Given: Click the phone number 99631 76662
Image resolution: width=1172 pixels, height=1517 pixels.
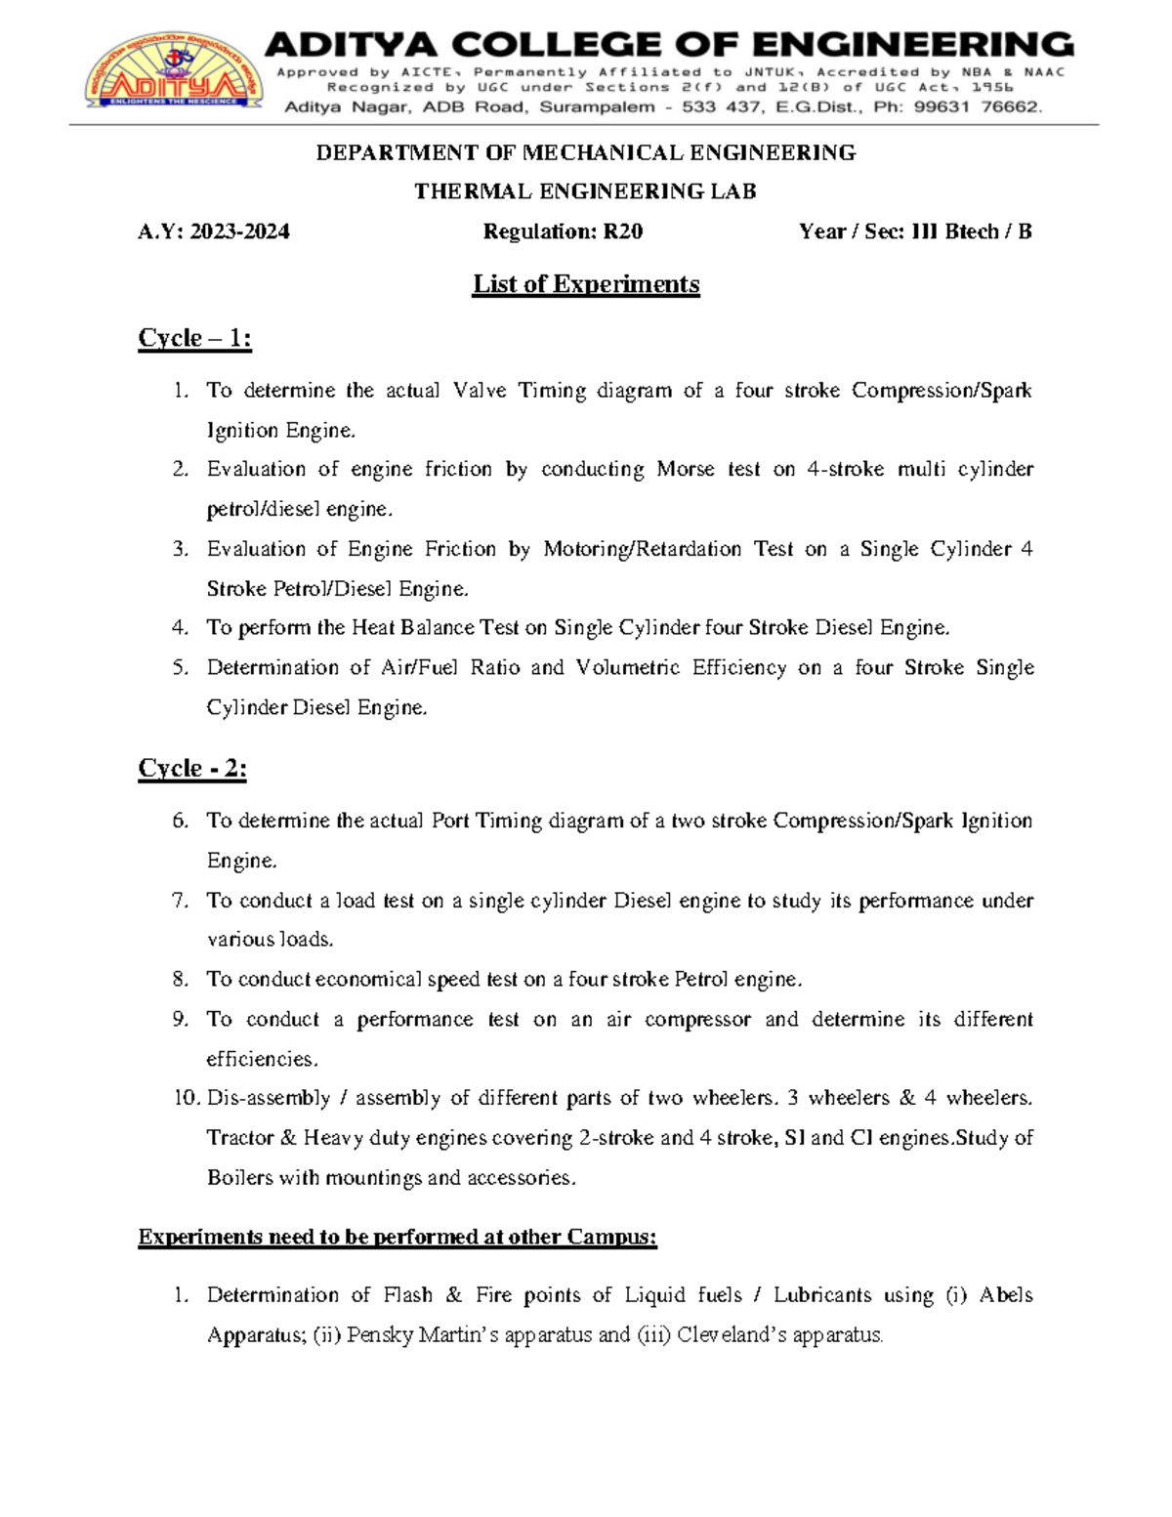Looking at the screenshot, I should pos(978,107).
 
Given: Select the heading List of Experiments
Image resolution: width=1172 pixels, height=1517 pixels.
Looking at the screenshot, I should pos(586,284).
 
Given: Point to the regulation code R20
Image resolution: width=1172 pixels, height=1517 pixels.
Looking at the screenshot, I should pos(622,232).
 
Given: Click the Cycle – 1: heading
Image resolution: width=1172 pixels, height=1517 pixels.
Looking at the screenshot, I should pos(194,338).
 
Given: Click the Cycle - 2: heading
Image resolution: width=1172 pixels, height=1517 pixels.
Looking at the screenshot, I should pos(192,769).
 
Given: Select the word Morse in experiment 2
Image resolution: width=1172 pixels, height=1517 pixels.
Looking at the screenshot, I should pos(685,469).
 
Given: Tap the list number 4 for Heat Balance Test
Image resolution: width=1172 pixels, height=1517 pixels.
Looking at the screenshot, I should pos(180,628).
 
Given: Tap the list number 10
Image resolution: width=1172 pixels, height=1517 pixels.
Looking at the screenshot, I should pos(187,1098).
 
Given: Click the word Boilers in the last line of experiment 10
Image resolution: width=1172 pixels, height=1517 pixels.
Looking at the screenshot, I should pos(240,1178).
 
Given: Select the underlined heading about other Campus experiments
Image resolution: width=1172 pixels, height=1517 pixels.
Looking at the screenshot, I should pos(398,1237).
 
